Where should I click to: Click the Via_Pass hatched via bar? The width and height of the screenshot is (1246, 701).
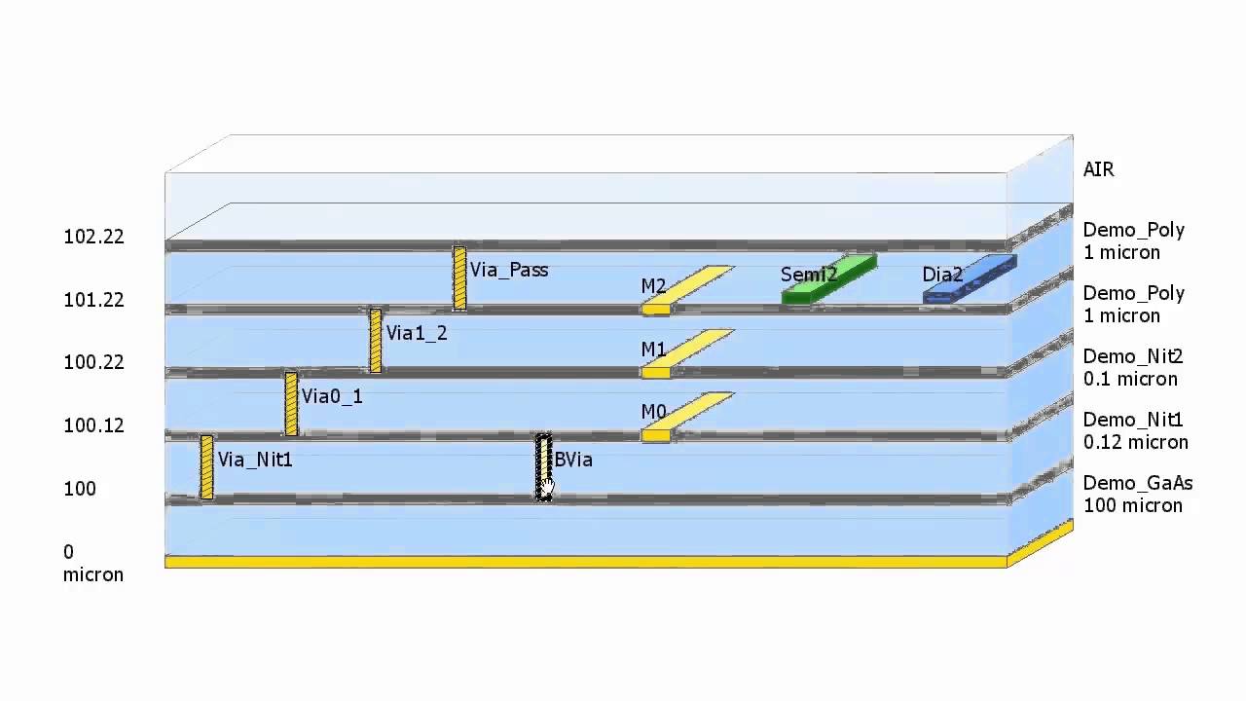[x=459, y=278]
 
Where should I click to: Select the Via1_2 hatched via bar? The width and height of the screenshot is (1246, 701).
[x=376, y=341]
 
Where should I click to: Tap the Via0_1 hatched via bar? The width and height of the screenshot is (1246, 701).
[x=291, y=404]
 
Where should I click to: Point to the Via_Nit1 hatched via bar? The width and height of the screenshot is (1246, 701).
[x=206, y=467]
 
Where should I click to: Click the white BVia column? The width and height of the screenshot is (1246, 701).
[x=543, y=467]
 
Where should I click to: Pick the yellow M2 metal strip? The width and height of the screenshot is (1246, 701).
[x=685, y=289]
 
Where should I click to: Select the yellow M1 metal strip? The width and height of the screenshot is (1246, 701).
[x=685, y=352]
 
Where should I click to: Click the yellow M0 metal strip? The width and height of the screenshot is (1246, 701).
[x=685, y=416]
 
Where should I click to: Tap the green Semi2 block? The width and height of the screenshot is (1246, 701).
[x=828, y=280]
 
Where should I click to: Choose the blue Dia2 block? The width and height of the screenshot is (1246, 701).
[x=970, y=280]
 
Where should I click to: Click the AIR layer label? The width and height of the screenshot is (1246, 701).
[x=1098, y=169]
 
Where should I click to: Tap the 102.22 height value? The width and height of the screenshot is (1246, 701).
[x=93, y=237]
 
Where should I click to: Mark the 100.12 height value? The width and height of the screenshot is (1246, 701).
[x=93, y=425]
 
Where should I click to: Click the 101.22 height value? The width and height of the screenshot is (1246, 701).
[x=93, y=300]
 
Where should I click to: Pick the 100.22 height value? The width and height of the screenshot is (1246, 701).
[x=93, y=362]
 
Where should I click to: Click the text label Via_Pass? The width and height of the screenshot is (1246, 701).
[x=508, y=270]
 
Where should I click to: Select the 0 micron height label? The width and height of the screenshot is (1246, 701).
[x=92, y=564]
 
